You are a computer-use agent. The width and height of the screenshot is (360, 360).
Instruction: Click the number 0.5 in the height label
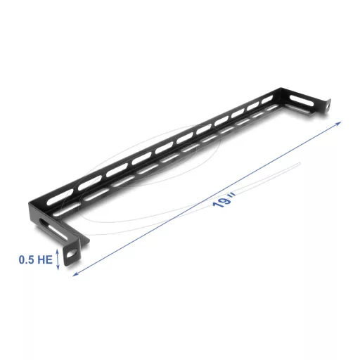click(27, 259)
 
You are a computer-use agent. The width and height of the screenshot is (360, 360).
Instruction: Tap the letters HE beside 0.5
click(44, 259)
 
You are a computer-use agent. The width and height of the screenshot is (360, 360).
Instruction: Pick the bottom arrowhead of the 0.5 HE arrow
click(59, 268)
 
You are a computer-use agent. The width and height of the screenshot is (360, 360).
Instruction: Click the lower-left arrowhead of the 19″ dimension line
click(75, 274)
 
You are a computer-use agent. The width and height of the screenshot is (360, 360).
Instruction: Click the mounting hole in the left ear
click(71, 253)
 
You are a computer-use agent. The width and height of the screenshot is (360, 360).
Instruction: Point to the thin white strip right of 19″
click(267, 174)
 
